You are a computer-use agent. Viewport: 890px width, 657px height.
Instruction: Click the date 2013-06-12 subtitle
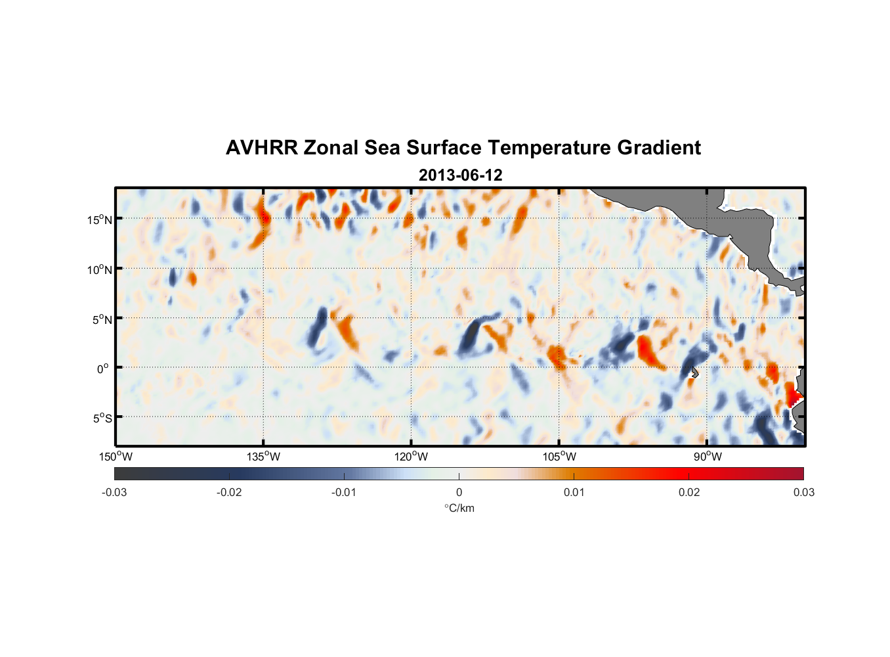(x=460, y=175)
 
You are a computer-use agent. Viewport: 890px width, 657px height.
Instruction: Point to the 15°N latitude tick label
(x=100, y=219)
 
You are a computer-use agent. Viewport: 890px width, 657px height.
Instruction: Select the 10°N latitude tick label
(x=100, y=269)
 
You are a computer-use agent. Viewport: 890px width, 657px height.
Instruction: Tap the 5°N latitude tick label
(x=102, y=319)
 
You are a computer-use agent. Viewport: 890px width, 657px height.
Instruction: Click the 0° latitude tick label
(x=104, y=369)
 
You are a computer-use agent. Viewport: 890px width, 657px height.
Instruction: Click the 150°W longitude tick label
(x=116, y=457)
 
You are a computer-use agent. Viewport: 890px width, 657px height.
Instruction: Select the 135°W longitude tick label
(x=263, y=457)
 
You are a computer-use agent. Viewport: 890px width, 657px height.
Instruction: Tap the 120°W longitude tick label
(x=411, y=457)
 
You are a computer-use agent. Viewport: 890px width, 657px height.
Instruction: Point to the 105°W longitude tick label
(x=559, y=457)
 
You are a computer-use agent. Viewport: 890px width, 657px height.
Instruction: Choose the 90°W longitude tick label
(x=707, y=457)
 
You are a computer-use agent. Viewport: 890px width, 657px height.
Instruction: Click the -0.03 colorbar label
(x=114, y=492)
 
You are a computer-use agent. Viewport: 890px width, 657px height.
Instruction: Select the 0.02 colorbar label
(x=689, y=492)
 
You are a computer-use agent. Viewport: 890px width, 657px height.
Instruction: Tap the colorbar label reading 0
(x=459, y=492)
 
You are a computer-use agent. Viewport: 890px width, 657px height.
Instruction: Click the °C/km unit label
(x=459, y=508)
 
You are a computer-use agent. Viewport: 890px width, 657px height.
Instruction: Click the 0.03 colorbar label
(x=803, y=492)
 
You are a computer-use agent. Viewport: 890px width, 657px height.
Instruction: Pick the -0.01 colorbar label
(x=344, y=492)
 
